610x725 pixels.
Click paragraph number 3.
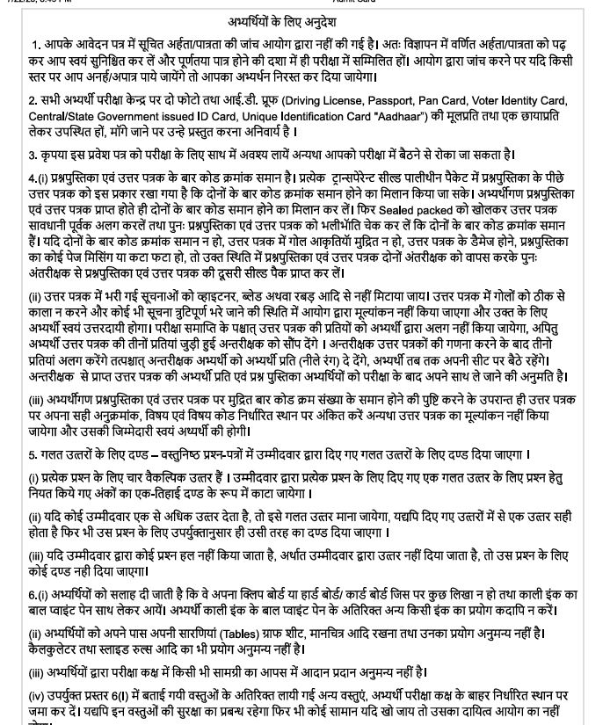(32, 156)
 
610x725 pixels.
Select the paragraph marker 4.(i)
(40, 185)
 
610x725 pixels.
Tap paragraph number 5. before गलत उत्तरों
(32, 455)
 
